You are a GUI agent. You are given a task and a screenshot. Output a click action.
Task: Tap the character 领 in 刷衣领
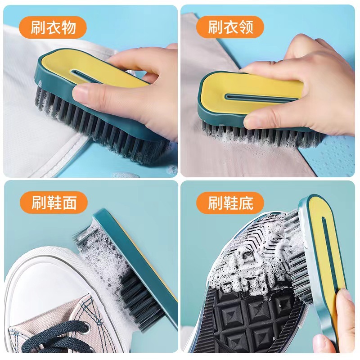click(x=244, y=28)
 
